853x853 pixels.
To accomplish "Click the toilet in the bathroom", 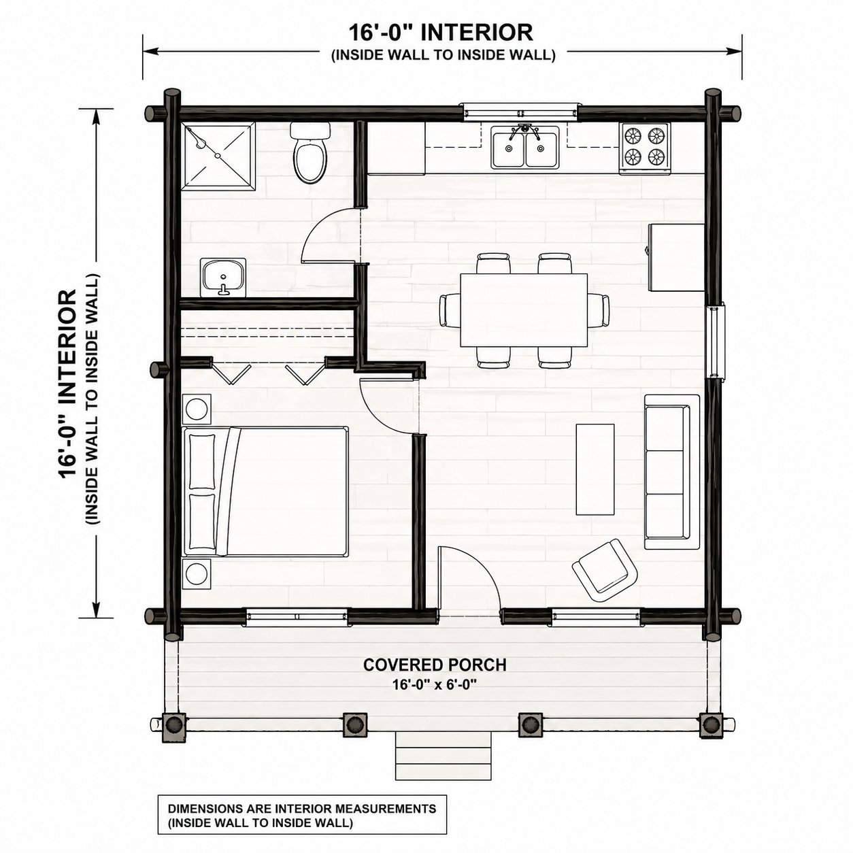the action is pyautogui.click(x=310, y=152).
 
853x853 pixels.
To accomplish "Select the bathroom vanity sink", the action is pyautogui.click(x=223, y=277).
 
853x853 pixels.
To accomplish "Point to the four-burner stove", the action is pyautogui.click(x=645, y=148).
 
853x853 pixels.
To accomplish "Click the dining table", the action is pyautogui.click(x=524, y=310).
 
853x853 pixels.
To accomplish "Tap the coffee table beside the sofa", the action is pyautogui.click(x=595, y=469).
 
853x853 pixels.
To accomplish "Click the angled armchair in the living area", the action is pyautogui.click(x=605, y=570).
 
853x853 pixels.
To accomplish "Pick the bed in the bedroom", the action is pyautogui.click(x=265, y=491).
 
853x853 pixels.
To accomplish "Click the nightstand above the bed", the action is pyautogui.click(x=197, y=408).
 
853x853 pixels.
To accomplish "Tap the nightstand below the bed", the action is pyautogui.click(x=197, y=573).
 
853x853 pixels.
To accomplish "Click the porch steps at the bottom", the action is pyautogui.click(x=443, y=755).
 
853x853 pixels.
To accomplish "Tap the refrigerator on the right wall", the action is pyautogui.click(x=676, y=258).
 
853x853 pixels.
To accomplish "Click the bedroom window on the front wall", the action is pyautogui.click(x=297, y=616).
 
